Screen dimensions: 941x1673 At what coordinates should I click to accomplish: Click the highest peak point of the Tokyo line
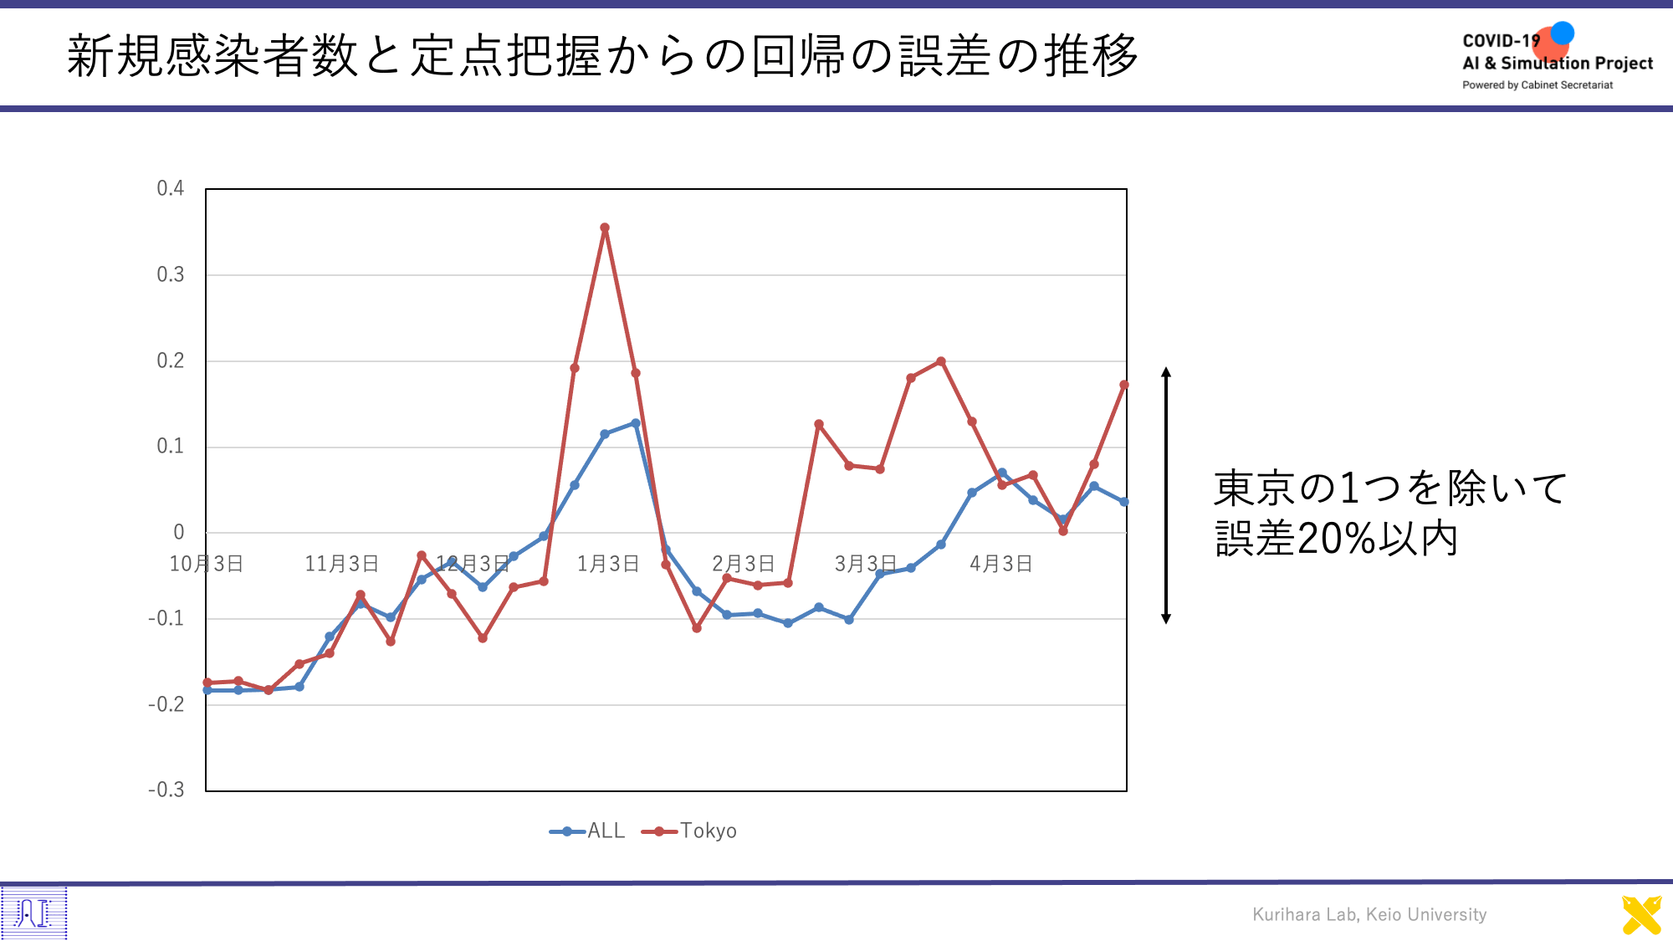[x=605, y=228]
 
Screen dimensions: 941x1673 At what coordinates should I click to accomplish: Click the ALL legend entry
[x=587, y=831]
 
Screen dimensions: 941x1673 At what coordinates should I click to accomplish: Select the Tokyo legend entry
[x=689, y=831]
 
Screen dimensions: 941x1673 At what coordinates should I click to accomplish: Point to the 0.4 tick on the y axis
[x=171, y=188]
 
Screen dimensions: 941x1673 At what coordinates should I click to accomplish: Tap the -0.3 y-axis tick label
[x=166, y=790]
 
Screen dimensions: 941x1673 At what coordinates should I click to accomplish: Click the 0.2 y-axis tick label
[x=171, y=361]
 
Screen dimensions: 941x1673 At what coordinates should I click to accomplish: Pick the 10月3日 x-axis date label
[x=207, y=564]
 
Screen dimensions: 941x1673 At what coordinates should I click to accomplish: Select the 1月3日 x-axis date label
[x=608, y=564]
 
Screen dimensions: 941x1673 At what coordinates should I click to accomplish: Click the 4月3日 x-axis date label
[x=1000, y=564]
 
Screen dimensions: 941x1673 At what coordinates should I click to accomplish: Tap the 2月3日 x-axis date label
[x=743, y=564]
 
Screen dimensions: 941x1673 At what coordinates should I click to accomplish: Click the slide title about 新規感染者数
[x=602, y=56]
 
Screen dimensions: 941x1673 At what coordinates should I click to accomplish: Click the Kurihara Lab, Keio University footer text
[x=1369, y=914]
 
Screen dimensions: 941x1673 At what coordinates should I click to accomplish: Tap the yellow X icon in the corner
[x=1641, y=915]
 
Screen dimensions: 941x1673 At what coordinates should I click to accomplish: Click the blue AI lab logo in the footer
[x=33, y=913]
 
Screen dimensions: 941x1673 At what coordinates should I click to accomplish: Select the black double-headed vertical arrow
[x=1166, y=495]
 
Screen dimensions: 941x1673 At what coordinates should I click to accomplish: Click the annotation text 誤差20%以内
[x=1336, y=538]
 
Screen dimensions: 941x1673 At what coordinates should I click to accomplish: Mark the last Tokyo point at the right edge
[x=1124, y=385]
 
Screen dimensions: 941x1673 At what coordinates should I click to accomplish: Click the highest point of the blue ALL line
[x=636, y=423]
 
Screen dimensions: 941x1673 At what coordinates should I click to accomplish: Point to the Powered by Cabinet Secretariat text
[x=1537, y=85]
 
